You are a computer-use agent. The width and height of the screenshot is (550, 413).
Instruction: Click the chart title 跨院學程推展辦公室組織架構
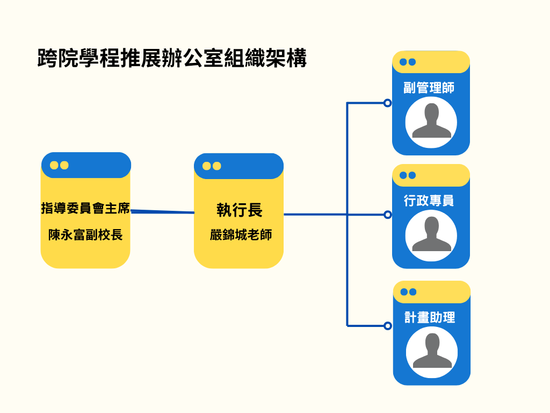click(x=172, y=58)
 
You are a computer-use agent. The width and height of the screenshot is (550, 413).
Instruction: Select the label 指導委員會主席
click(x=86, y=208)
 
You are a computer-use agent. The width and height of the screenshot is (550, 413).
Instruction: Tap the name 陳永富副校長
click(x=85, y=235)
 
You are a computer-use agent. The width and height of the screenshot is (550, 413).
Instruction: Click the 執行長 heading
click(x=239, y=210)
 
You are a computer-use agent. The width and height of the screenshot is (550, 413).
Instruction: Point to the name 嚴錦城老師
click(x=241, y=236)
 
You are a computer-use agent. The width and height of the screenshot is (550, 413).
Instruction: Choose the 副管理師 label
click(x=429, y=87)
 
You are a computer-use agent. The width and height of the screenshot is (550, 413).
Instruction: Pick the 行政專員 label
click(x=429, y=201)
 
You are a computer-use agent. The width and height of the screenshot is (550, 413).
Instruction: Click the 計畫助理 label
click(x=430, y=317)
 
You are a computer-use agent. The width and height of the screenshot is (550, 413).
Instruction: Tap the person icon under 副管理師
click(x=431, y=122)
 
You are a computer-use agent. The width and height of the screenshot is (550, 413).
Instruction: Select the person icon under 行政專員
click(x=431, y=236)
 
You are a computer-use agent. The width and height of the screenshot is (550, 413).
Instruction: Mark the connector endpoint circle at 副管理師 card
click(x=387, y=103)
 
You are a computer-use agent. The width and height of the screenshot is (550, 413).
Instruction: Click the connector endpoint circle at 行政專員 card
click(x=387, y=215)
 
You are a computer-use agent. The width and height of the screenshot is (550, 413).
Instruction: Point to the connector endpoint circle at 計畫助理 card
click(x=387, y=325)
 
